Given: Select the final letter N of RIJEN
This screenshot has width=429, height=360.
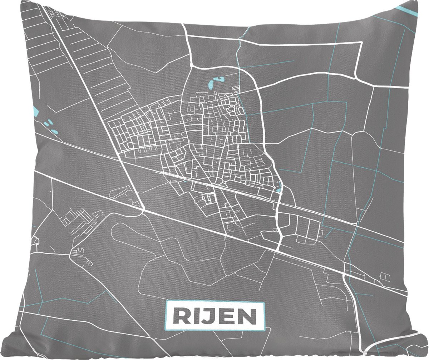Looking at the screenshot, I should coord(247,316).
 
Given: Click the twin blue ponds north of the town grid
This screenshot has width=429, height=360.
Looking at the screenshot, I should coord(214,83).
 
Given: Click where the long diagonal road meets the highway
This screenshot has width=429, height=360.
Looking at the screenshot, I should coord(143,209).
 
